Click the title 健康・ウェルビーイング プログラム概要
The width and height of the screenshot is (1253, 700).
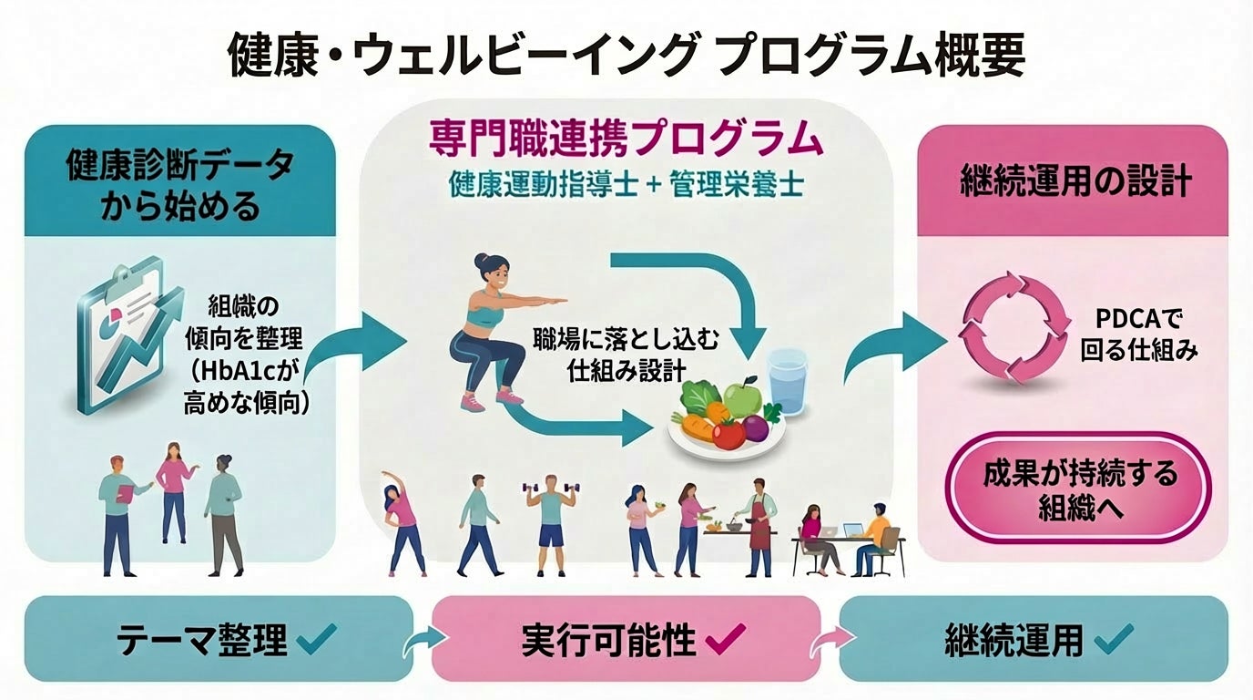point(626,57)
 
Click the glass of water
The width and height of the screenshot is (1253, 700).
point(788,382)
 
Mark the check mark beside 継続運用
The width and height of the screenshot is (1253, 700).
point(1113,639)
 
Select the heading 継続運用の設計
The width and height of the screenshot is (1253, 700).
point(1075,181)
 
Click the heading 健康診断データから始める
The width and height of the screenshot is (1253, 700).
point(179,186)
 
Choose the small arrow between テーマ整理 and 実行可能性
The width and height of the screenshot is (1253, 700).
point(421,643)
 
